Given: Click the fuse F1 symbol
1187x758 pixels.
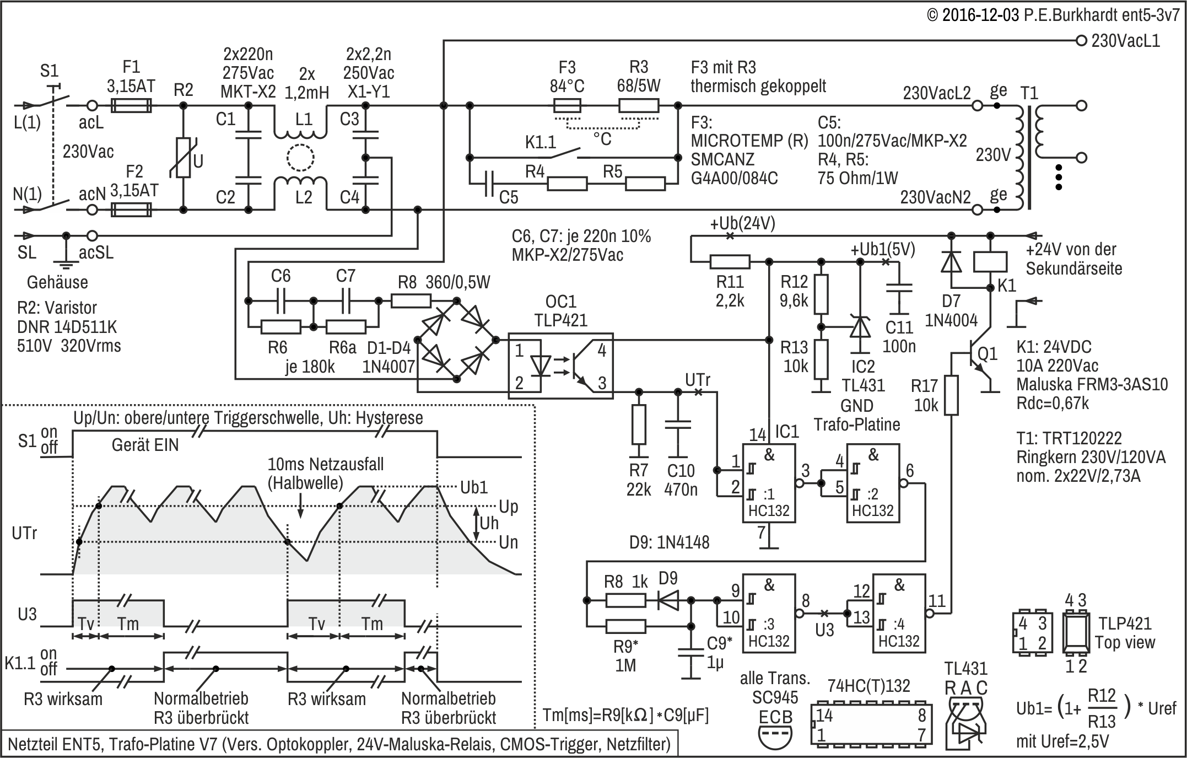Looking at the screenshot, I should [x=131, y=105].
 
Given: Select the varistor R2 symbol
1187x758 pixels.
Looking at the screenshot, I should [x=184, y=158].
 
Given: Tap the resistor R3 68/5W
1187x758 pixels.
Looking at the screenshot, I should [x=639, y=105].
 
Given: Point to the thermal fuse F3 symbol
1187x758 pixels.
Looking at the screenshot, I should [x=566, y=105].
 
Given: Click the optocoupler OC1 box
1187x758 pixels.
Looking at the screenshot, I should [x=560, y=364].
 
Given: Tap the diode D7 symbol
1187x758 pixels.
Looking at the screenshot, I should [x=951, y=262].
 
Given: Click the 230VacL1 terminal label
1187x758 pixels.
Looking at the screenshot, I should [x=1125, y=41].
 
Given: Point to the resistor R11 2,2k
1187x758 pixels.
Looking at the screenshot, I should [x=730, y=262].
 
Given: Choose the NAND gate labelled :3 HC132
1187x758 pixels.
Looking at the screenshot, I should [x=768, y=612].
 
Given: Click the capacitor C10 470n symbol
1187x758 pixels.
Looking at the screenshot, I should [x=678, y=424].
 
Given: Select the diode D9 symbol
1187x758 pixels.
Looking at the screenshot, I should [x=668, y=600].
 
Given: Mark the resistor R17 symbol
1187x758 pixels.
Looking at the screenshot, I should [x=951, y=395].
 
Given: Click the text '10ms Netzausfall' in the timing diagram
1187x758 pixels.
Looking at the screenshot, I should [x=325, y=464].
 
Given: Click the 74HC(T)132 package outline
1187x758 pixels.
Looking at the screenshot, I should [x=871, y=724].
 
